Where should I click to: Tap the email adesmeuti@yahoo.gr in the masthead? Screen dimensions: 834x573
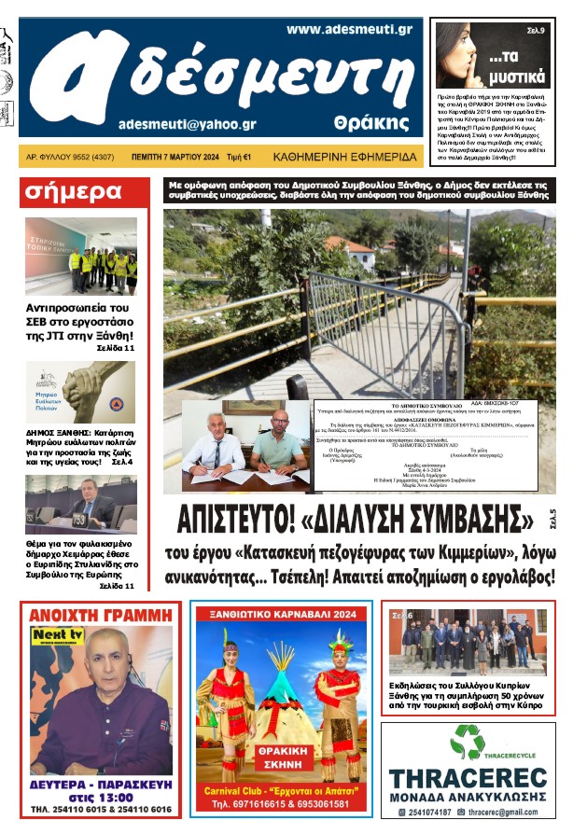click(x=188, y=123)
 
